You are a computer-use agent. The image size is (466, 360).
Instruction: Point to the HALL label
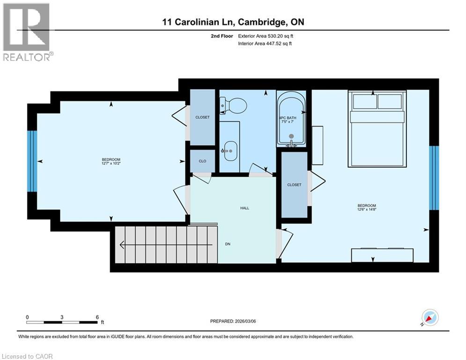coord(244,208)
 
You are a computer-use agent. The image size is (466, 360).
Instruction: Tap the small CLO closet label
coord(202,161)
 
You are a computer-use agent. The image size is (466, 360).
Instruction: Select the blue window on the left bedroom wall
coord(32,161)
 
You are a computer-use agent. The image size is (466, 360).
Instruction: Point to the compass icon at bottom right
coord(429,318)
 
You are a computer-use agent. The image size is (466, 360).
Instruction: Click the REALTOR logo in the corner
coord(27,32)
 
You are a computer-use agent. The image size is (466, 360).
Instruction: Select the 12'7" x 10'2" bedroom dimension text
coord(111,163)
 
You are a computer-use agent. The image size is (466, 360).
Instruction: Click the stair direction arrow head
coord(123,244)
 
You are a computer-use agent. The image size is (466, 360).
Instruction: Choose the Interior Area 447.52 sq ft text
coord(265,44)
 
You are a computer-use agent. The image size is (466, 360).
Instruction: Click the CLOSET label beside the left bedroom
coord(202,117)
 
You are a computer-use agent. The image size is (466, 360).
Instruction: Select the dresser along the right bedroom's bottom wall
coord(383,255)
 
